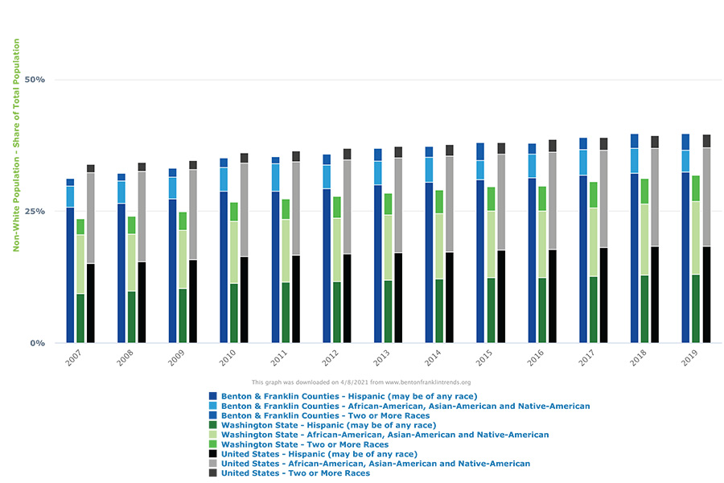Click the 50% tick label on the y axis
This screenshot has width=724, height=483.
tap(35, 80)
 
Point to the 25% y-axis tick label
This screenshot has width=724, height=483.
tap(35, 211)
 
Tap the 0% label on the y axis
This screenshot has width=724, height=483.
tap(38, 343)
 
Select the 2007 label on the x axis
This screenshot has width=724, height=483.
tap(73, 357)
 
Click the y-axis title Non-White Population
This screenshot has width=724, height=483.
tap(15, 145)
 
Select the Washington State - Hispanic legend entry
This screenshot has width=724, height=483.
tap(327, 425)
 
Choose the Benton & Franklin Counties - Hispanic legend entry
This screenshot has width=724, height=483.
tap(348, 396)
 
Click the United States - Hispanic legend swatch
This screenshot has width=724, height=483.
tap(213, 454)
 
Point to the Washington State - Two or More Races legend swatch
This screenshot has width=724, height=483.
tap(213, 444)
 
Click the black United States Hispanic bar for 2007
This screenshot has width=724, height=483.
tap(91, 303)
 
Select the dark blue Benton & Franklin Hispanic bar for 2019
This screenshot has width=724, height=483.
tap(685, 258)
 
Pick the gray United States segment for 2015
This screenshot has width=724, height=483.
tap(501, 202)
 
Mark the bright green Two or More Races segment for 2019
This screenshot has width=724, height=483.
tap(696, 188)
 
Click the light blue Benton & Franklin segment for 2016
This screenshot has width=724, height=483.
tap(532, 166)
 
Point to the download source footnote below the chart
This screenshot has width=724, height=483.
tap(361, 382)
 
